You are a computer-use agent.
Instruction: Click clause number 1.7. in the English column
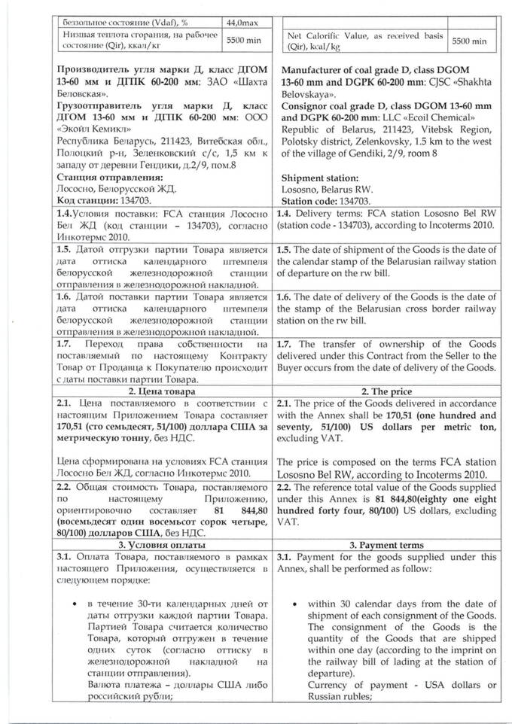pyautogui.click(x=288, y=343)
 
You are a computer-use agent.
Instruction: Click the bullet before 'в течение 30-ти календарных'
pyautogui.click(x=70, y=604)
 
